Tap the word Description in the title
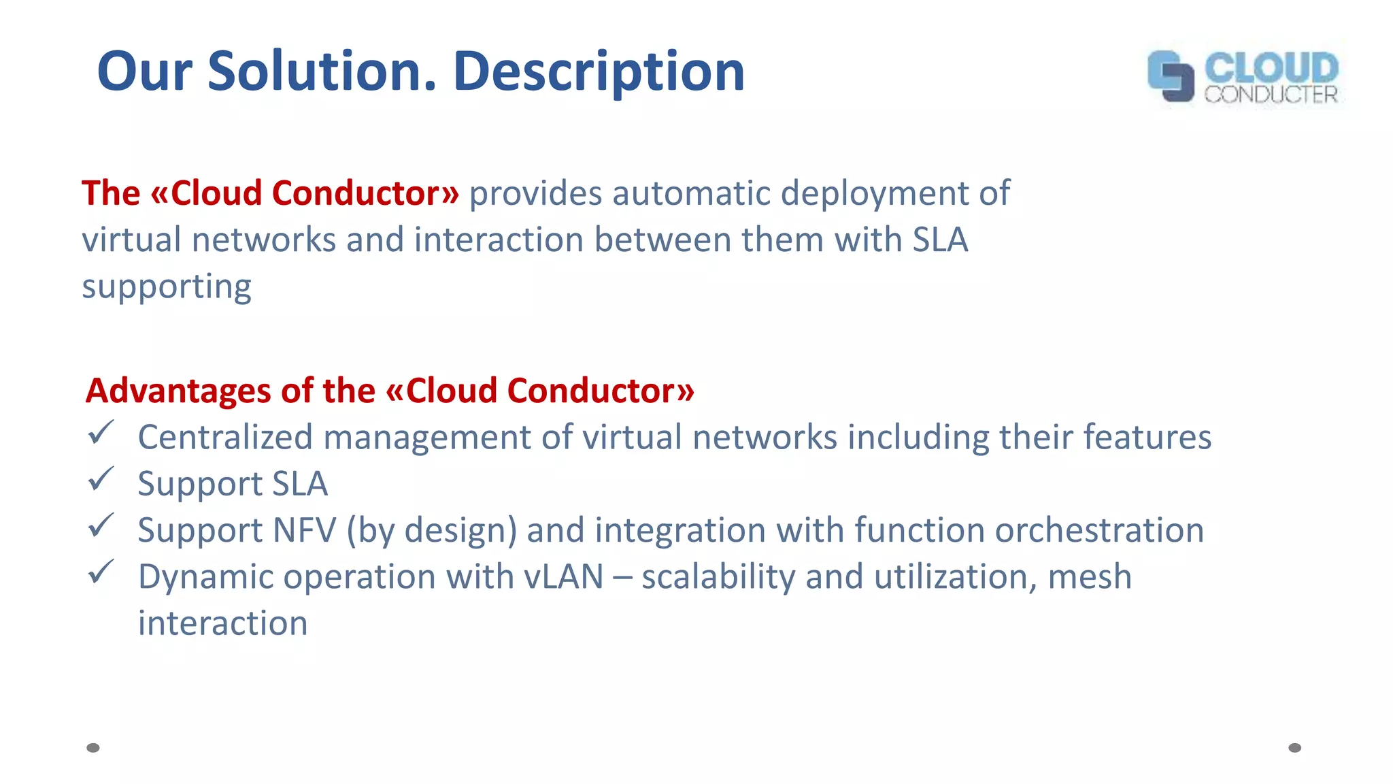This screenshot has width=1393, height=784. tap(599, 71)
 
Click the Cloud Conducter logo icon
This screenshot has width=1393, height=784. tap(1171, 76)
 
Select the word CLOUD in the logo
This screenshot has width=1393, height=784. tap(1271, 68)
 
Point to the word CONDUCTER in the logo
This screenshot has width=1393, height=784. tap(1271, 95)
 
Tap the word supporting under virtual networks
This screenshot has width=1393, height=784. tap(167, 287)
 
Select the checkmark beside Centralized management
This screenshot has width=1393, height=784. tap(101, 433)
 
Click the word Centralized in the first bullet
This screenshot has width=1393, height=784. tap(224, 437)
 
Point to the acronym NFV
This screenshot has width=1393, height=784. tap(304, 530)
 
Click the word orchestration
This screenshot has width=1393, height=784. tap(1099, 530)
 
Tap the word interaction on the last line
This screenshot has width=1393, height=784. tap(222, 623)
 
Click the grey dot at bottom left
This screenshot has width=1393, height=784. tap(93, 748)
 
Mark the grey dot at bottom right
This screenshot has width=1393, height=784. tap(1295, 748)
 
